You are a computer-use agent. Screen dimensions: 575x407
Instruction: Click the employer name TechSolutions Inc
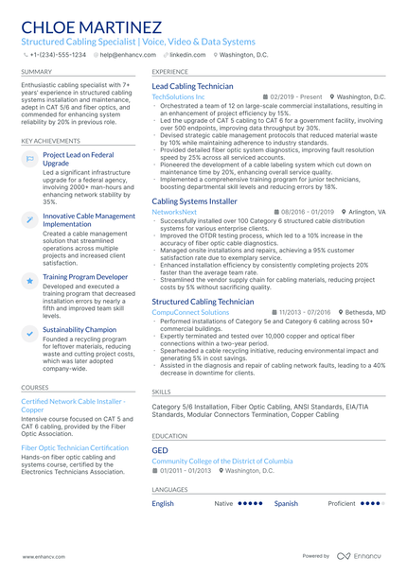178,97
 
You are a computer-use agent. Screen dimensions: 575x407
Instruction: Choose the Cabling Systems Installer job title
194,201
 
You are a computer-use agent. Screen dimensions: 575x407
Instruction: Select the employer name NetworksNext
174,213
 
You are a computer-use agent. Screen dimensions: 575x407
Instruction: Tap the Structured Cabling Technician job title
203,301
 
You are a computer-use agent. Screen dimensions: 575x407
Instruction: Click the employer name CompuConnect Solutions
190,312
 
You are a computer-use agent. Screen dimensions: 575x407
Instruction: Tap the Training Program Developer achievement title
85,277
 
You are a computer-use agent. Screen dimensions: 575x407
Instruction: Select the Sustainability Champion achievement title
80,330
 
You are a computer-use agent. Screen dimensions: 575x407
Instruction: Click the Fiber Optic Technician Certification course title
75,447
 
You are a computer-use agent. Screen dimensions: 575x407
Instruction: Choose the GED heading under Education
160,451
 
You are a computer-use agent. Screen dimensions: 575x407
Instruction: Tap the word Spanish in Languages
286,503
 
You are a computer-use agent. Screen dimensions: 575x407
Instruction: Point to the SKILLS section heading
162,391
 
